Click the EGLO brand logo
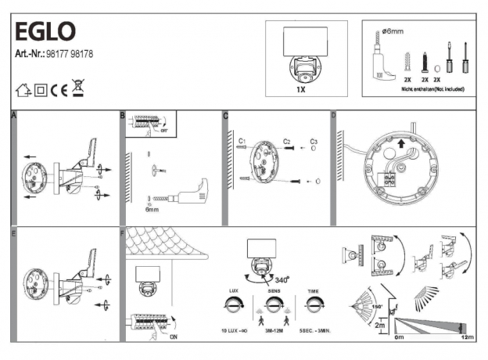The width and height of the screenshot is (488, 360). tap(45, 31)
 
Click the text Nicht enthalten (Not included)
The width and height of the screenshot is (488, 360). tap(422, 90)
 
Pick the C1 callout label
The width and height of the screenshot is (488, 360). tap(242, 141)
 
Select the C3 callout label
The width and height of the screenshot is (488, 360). tap(314, 141)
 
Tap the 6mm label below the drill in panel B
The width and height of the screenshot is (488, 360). tap(152, 210)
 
